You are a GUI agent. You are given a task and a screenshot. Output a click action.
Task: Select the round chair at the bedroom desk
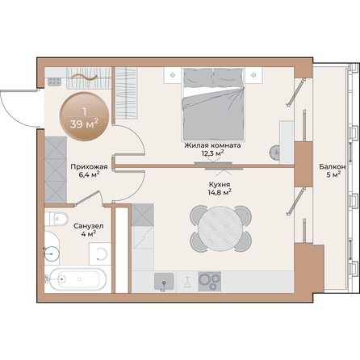pos(277,150)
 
